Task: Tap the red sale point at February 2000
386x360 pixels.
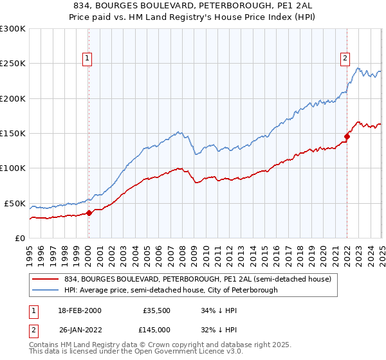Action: (x=89, y=213)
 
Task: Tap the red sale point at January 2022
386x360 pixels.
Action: (x=347, y=136)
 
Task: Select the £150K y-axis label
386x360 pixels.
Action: (x=13, y=134)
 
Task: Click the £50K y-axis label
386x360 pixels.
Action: (x=15, y=203)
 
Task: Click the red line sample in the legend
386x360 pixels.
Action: (x=46, y=280)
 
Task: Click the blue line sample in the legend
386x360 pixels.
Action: (x=46, y=291)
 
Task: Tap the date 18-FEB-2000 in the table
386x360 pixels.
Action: (x=79, y=310)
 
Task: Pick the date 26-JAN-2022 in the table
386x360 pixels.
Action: (x=79, y=330)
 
